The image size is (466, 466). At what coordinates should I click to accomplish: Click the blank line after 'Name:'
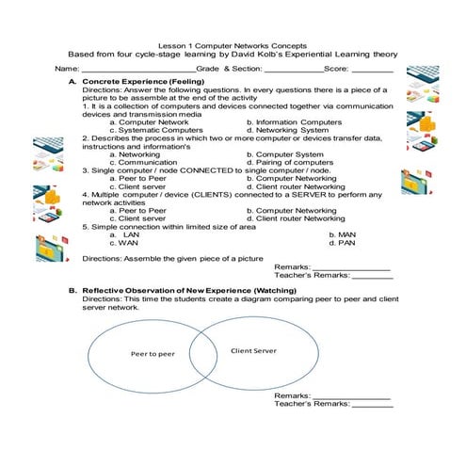[x=137, y=70]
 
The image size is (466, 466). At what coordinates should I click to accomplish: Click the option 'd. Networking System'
[x=287, y=130]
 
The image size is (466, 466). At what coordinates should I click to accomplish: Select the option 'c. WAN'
[x=125, y=242]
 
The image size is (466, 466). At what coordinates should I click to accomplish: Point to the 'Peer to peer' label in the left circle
[x=153, y=355]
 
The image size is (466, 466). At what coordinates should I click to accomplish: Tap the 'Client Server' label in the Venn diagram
[x=253, y=350]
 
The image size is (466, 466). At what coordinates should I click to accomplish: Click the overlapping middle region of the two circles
[x=205, y=352]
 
